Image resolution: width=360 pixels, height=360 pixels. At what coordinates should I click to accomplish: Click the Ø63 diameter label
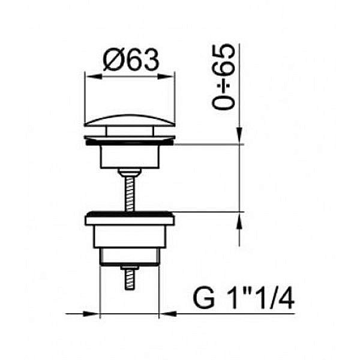click(131, 59)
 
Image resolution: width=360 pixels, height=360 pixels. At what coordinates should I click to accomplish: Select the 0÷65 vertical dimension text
click(224, 77)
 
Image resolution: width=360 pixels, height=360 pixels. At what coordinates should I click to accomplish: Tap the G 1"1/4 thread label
click(244, 298)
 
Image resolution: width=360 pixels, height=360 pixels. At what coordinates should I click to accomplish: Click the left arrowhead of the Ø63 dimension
click(94, 76)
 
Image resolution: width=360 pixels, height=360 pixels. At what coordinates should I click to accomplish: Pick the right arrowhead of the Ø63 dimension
click(166, 76)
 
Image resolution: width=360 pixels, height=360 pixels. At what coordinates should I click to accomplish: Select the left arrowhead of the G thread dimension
click(91, 314)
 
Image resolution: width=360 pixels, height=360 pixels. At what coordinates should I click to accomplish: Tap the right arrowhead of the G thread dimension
click(167, 314)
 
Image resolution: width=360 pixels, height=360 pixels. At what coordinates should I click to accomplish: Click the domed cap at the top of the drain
click(130, 121)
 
